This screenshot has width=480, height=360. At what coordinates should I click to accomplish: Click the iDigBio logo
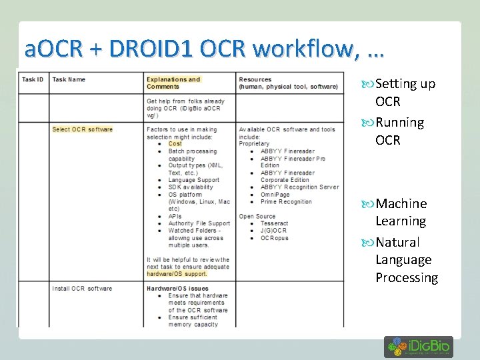tap(418, 347)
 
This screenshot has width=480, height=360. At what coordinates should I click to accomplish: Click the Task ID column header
tap(33, 79)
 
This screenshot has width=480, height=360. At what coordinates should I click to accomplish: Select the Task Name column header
tap(69, 79)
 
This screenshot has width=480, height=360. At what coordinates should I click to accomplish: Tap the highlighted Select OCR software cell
tap(83, 129)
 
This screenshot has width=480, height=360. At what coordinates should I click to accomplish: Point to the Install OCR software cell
tap(82, 289)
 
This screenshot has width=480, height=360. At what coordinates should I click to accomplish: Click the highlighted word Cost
tap(175, 144)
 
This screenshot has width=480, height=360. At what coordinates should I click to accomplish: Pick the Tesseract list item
tap(275, 224)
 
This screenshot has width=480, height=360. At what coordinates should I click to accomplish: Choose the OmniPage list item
tap(275, 195)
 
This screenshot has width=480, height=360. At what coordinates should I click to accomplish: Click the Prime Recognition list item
tap(286, 202)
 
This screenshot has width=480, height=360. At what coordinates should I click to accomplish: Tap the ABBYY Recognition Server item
tap(299, 187)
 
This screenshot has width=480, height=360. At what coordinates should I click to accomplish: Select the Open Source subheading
tap(257, 217)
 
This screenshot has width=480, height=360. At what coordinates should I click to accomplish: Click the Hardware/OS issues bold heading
tap(177, 289)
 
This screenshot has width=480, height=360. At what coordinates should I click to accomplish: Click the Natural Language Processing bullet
tap(406, 260)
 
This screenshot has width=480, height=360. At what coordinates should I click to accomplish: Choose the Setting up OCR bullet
tap(405, 93)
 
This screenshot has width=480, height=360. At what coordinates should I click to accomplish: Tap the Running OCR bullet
tap(399, 131)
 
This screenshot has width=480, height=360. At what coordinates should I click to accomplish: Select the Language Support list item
tap(193, 180)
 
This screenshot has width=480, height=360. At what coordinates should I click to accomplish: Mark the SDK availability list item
tap(191, 187)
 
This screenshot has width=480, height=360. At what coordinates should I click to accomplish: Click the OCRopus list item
tap(275, 238)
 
